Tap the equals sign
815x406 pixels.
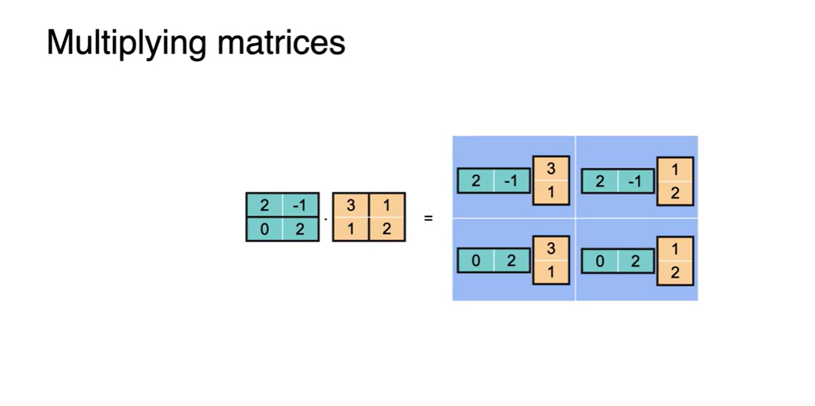click(x=428, y=218)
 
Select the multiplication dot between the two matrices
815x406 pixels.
click(x=326, y=219)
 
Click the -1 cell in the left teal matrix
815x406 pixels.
click(x=301, y=205)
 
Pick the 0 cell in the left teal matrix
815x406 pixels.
click(x=264, y=229)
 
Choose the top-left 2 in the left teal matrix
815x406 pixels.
click(x=264, y=205)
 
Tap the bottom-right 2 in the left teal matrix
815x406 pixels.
click(x=301, y=229)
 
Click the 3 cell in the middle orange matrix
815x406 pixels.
click(x=350, y=205)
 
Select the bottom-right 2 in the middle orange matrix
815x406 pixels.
click(x=387, y=229)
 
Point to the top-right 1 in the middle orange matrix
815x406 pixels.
click(x=387, y=205)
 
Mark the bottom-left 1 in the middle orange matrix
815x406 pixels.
click(x=350, y=229)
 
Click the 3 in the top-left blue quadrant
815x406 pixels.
click(x=551, y=169)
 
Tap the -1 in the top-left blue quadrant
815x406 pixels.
click(x=511, y=181)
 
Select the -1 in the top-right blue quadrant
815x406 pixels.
click(x=636, y=181)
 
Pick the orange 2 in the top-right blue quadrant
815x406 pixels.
click(x=675, y=193)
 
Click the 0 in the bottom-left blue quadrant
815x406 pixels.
click(x=476, y=261)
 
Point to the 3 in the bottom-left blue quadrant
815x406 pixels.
click(x=551, y=249)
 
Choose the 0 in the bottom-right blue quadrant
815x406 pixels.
click(x=600, y=261)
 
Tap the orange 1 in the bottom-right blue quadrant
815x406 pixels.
click(x=675, y=249)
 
